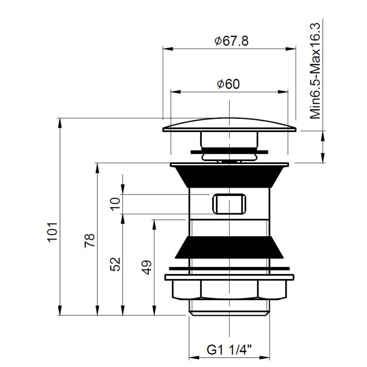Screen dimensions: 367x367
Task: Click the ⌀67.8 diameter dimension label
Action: point(231,41)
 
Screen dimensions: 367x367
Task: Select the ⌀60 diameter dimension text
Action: point(228,84)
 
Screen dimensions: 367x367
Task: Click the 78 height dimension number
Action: point(90,240)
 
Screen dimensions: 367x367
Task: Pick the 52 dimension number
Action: point(115,264)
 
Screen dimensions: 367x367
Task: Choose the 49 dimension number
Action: point(147,267)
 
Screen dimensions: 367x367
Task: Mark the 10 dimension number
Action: point(115,204)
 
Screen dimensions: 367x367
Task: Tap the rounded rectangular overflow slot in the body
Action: point(229,204)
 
